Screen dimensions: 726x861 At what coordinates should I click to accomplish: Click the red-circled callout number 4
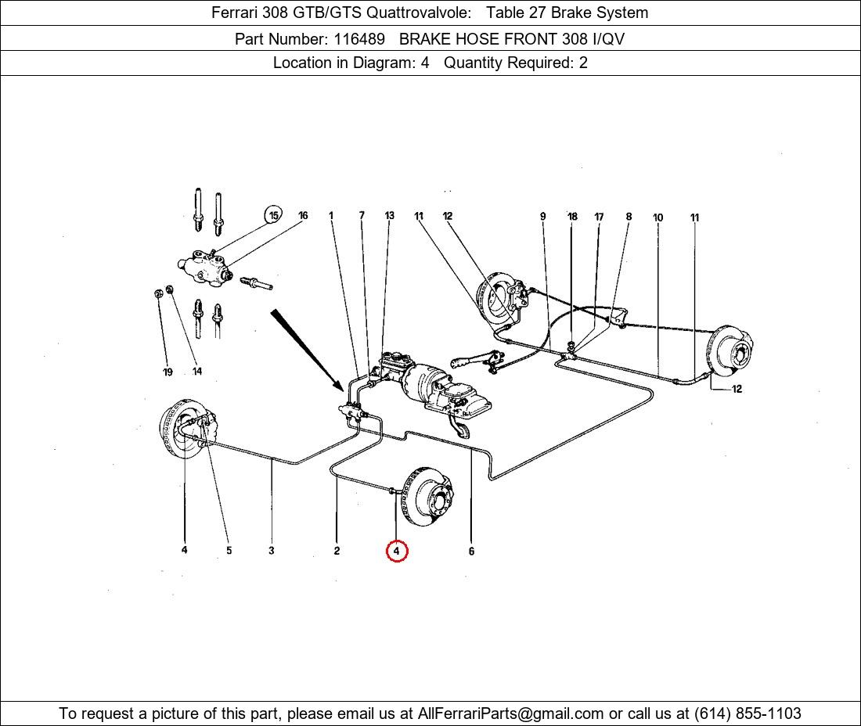point(397,551)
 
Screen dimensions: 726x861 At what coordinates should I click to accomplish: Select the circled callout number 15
point(273,216)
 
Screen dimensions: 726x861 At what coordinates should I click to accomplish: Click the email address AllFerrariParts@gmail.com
point(511,713)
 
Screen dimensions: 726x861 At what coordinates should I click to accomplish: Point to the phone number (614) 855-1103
point(748,713)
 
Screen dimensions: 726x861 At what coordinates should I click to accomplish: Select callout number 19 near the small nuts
point(168,372)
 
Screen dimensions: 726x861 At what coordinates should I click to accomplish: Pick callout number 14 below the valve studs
point(196,372)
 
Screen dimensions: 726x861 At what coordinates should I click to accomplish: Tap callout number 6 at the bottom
point(471,552)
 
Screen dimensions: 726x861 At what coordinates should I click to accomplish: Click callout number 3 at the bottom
point(271,551)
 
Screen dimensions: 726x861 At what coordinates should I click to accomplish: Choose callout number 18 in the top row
point(572,217)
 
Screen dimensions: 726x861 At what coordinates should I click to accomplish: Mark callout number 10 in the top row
point(657,217)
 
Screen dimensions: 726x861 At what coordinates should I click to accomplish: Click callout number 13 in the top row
point(389,216)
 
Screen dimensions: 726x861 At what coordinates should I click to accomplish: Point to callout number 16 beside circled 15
point(303,216)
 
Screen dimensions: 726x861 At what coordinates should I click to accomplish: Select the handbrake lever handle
point(462,361)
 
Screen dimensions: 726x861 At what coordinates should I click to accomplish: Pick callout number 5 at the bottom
point(229,551)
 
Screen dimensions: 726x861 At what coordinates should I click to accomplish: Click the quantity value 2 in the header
point(583,63)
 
